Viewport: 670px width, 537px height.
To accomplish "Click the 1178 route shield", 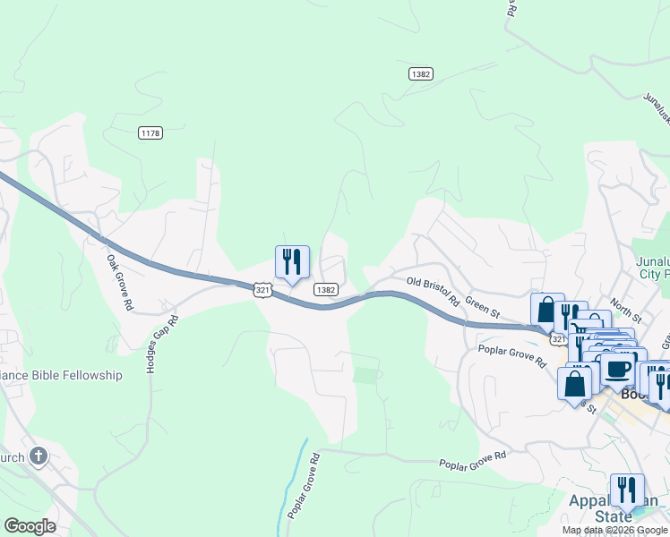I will point(150,132).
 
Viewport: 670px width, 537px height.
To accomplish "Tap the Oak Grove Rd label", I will point(119,283).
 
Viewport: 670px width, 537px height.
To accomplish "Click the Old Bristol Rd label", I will point(433,288).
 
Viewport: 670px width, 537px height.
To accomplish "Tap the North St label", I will point(625,312).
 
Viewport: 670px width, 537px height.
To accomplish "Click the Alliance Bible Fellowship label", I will point(61,375).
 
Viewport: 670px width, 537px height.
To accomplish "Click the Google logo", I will point(30,526).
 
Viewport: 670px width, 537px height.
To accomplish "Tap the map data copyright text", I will point(614,530).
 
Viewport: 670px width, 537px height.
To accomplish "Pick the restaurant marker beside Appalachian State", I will point(627,490).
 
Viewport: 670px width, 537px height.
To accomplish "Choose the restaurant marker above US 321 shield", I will point(292,262).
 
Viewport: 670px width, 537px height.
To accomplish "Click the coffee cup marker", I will point(618,368).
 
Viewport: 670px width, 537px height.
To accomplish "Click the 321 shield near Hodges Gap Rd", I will point(262,290).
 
